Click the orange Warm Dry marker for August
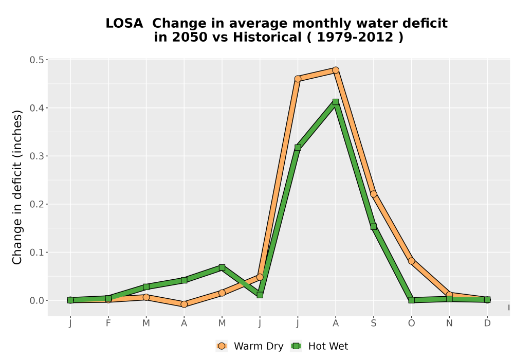click(335, 70)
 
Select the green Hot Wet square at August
click(335, 102)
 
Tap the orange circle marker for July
click(298, 79)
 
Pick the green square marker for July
click(298, 148)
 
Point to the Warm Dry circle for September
click(373, 194)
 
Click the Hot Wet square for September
click(373, 227)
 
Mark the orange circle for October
click(411, 261)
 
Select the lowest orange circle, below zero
click(184, 304)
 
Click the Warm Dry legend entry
click(250, 346)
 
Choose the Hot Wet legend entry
click(320, 346)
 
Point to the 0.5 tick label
click(36, 60)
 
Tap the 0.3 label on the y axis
click(36, 156)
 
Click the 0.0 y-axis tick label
click(36, 301)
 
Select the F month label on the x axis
click(108, 323)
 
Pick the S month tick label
click(373, 323)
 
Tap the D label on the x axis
click(487, 323)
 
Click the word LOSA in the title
click(124, 23)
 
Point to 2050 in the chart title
click(190, 37)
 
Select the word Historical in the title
click(267, 37)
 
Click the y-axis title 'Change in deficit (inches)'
click(17, 187)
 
